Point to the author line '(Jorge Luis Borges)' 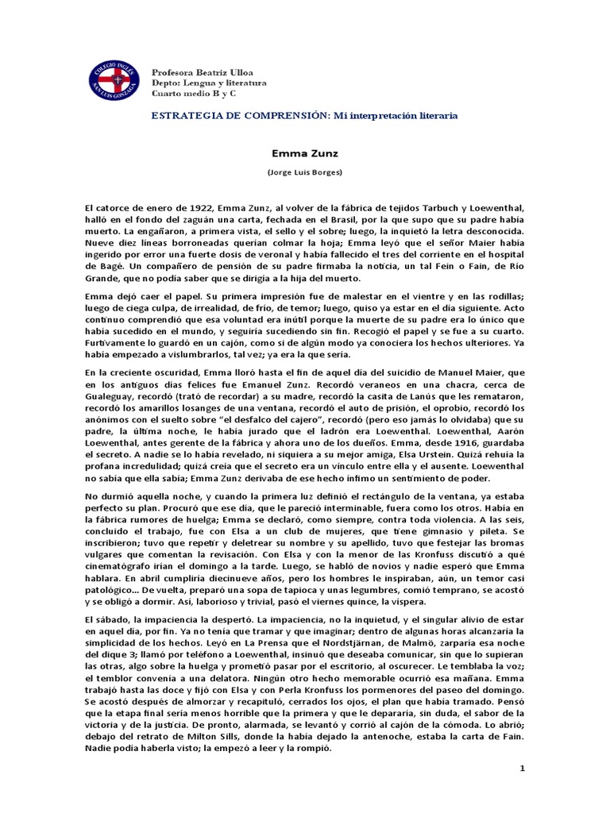(x=304, y=172)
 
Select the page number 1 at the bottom (x=522, y=769)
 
